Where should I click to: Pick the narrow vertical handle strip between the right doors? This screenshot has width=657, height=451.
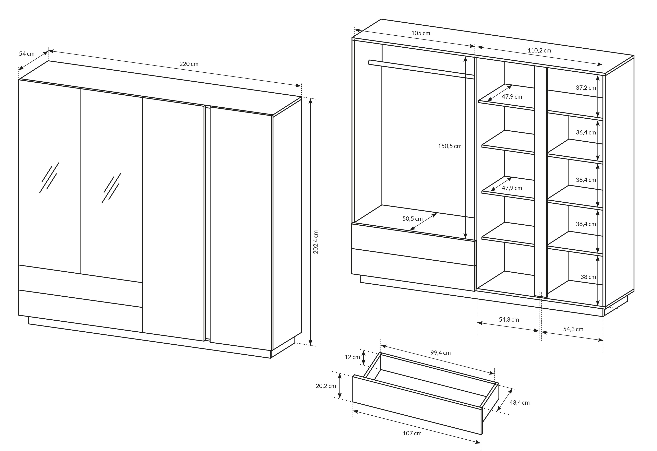point(207,223)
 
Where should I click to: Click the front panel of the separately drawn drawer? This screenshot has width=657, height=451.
point(417,405)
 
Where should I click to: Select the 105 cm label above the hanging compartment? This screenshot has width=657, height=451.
point(421,33)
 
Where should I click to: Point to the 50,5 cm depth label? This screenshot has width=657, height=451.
point(413,218)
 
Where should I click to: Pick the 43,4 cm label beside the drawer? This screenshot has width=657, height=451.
point(519,402)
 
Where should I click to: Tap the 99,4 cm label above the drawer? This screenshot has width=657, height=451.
point(440,353)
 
